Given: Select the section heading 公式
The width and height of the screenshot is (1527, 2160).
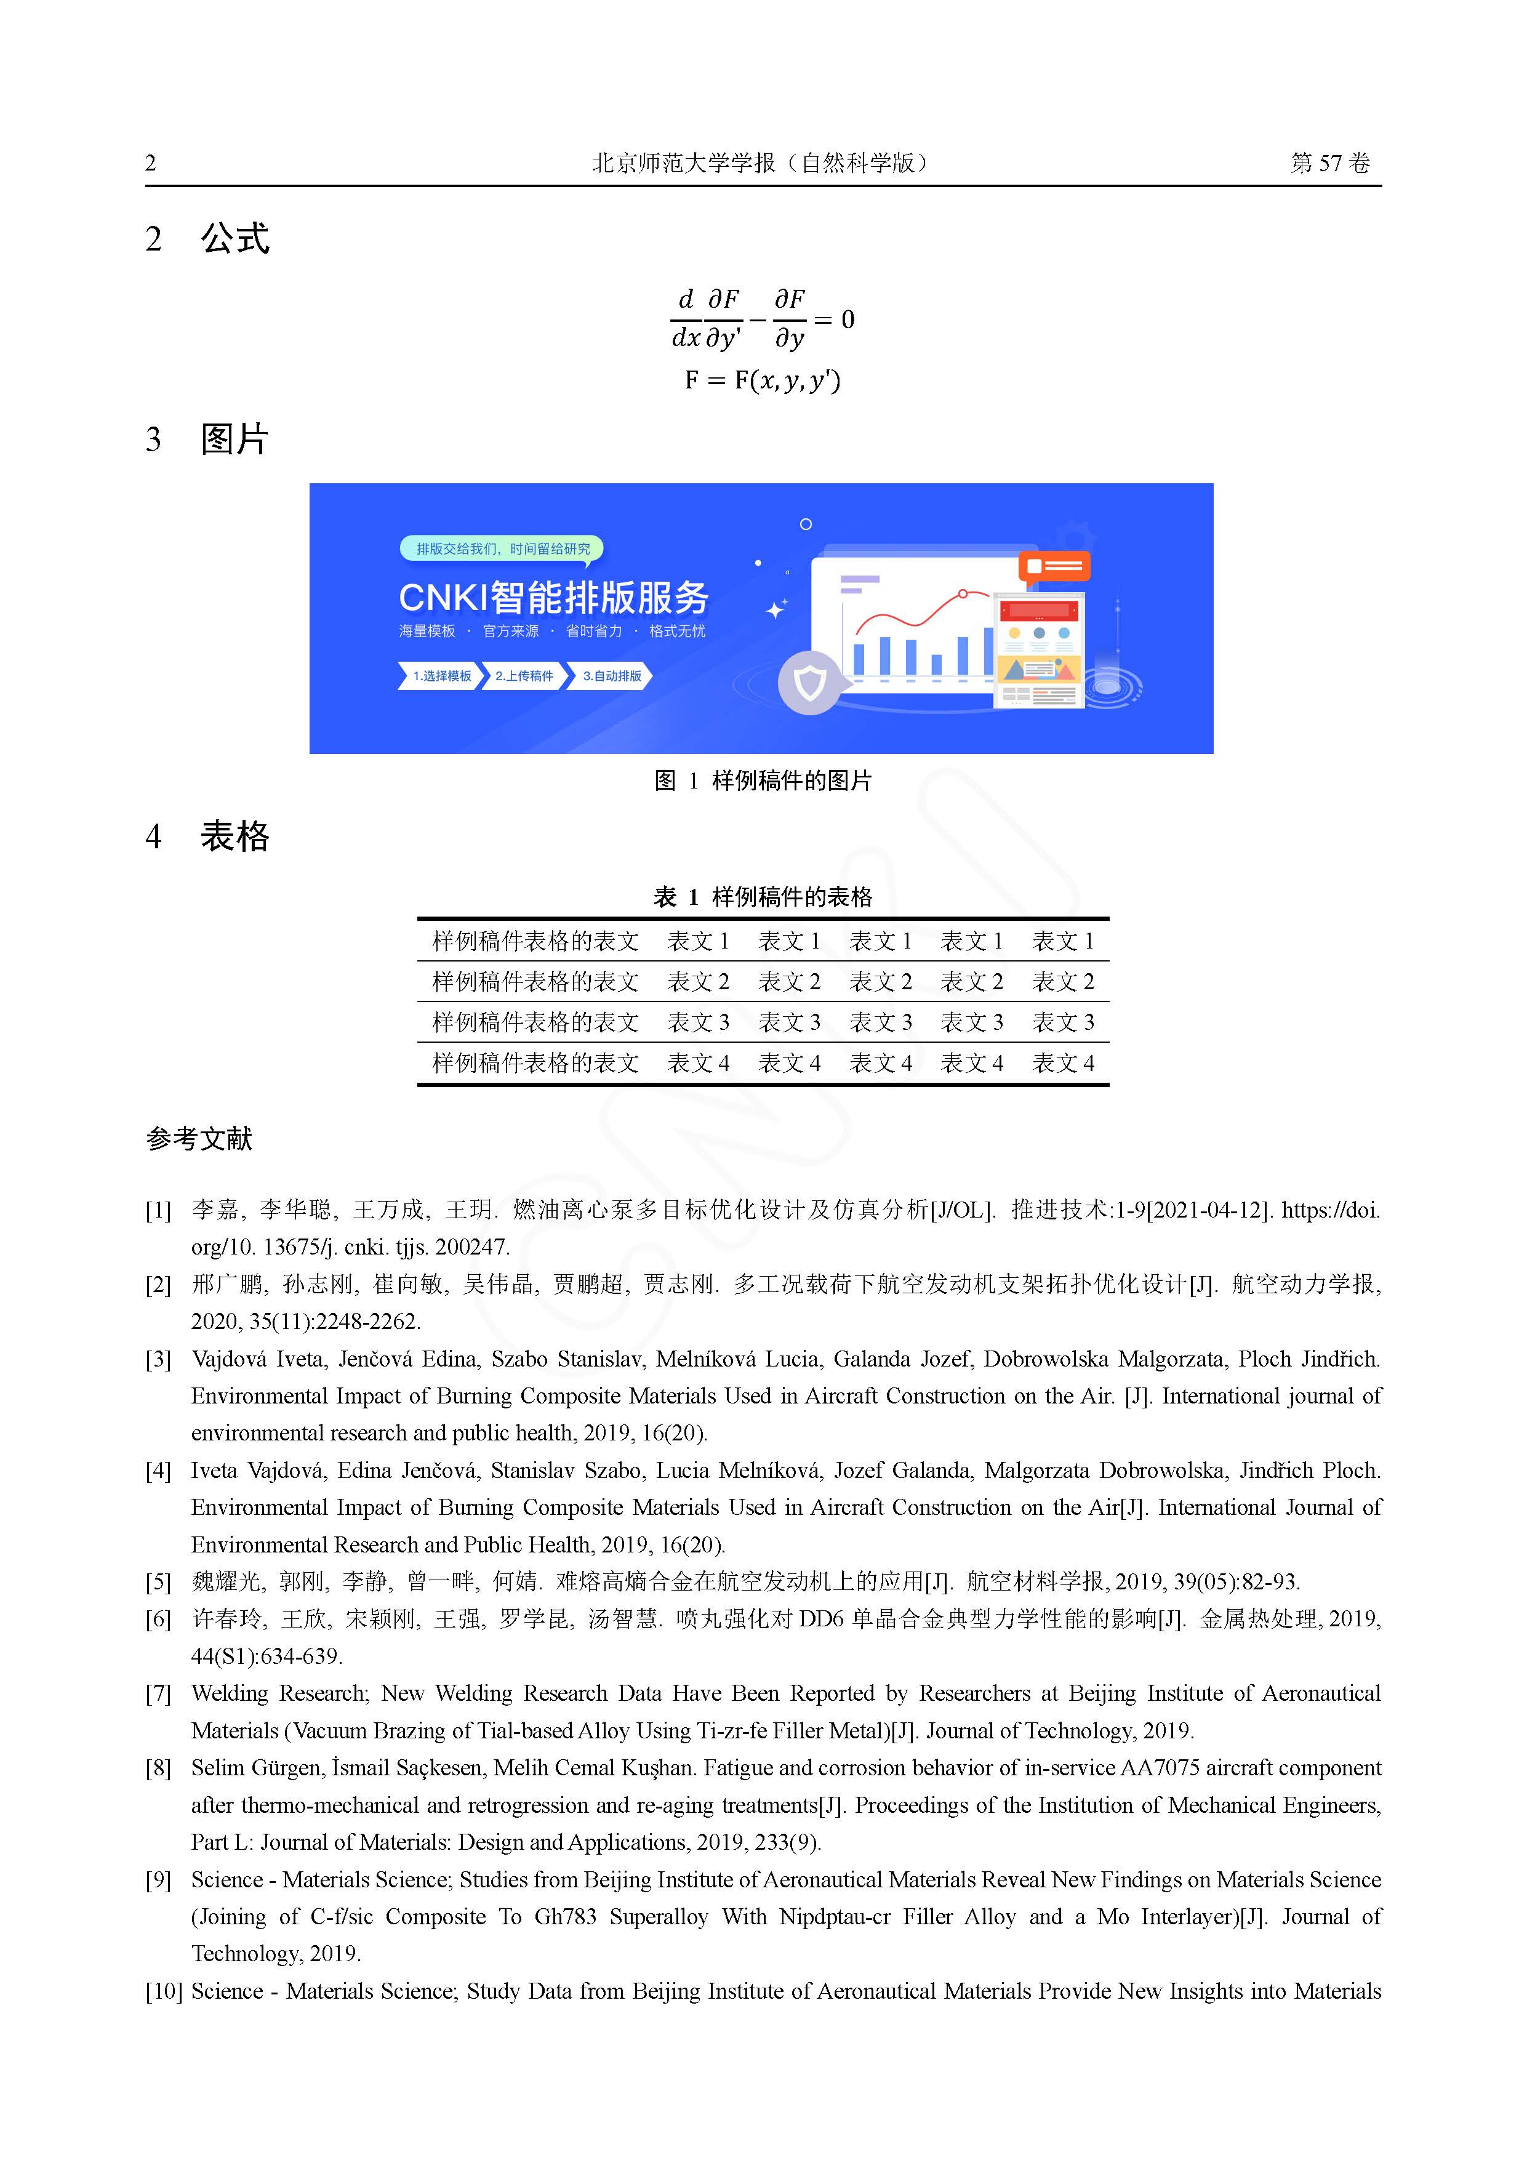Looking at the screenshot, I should click(x=235, y=239).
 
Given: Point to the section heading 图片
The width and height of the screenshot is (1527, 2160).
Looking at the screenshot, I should click(x=235, y=440).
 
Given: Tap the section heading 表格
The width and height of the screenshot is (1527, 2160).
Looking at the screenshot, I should click(x=235, y=837).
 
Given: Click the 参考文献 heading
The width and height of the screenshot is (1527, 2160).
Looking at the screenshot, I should click(x=199, y=1139).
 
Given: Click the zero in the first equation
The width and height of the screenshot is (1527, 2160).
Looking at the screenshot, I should click(x=848, y=320).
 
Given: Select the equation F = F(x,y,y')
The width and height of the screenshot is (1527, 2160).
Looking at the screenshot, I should click(x=762, y=380).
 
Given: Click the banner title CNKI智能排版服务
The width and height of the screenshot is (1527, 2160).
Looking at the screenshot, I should click(x=553, y=597).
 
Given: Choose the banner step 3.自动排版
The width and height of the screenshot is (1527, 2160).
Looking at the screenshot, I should click(x=612, y=675).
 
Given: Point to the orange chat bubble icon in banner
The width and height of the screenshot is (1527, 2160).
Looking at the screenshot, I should click(x=1054, y=566).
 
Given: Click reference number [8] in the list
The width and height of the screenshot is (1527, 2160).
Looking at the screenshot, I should click(x=158, y=1769).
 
